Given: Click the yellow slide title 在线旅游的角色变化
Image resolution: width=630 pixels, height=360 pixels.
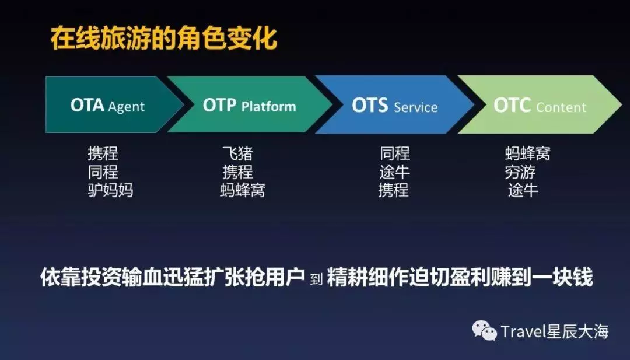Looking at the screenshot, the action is click(x=164, y=39).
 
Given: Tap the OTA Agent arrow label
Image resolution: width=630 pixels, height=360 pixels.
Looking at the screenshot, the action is click(x=107, y=105).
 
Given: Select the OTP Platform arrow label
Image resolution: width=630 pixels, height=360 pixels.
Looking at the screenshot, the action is click(x=249, y=106).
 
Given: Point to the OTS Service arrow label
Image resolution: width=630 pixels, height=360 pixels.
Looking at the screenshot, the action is click(x=394, y=106).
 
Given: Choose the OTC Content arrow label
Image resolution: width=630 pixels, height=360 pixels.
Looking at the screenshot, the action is click(x=540, y=106).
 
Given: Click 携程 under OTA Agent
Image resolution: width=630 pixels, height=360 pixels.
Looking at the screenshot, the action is click(x=103, y=153).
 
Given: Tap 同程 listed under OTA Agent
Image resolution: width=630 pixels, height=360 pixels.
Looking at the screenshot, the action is click(x=103, y=172).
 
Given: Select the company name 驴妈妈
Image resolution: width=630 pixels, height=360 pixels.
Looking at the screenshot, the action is click(x=110, y=190).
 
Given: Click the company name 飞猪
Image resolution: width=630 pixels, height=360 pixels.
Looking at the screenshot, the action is click(x=238, y=153).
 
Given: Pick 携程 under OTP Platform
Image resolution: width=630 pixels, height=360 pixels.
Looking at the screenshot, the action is click(x=238, y=172).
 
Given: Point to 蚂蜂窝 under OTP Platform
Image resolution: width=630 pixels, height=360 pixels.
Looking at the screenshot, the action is click(x=243, y=190).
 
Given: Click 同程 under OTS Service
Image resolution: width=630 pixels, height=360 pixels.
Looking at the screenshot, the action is click(x=395, y=153).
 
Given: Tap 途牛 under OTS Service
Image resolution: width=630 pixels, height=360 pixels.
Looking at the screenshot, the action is click(x=394, y=172).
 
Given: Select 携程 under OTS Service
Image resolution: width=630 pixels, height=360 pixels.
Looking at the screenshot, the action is click(x=393, y=190).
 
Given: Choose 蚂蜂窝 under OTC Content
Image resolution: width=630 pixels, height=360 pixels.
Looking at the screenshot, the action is click(x=527, y=153).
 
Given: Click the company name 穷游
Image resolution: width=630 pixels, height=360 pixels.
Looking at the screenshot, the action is click(x=520, y=172).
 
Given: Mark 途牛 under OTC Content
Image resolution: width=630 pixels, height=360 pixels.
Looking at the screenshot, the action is click(x=523, y=190).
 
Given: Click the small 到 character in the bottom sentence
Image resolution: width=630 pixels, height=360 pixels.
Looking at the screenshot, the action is click(x=316, y=279).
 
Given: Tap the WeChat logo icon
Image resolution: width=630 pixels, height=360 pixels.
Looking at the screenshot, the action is click(x=484, y=331).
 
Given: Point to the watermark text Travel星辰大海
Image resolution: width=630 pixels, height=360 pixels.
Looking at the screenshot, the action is click(x=555, y=331).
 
